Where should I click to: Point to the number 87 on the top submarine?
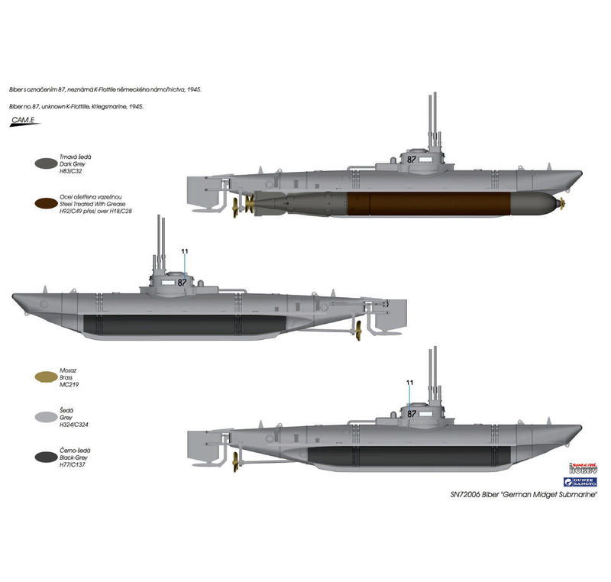[x=412, y=159]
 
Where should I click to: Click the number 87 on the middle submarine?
[x=182, y=281]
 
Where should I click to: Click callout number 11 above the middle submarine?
[x=184, y=251]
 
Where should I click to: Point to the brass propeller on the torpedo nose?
[x=562, y=202]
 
